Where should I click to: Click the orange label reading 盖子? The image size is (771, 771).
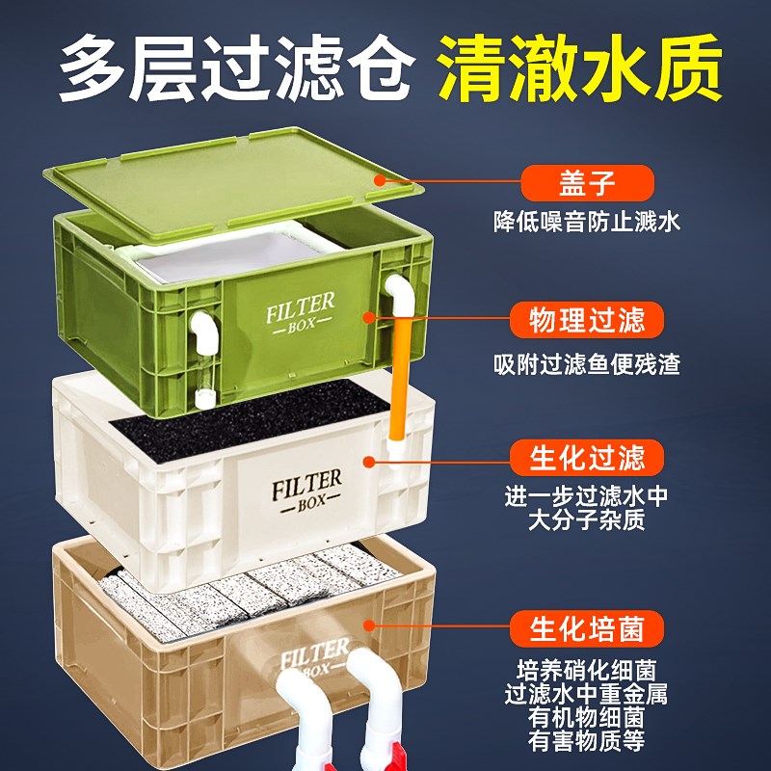587,181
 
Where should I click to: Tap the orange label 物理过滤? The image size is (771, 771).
587,321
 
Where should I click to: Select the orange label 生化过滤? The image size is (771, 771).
587,456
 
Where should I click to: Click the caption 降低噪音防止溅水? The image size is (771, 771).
587,222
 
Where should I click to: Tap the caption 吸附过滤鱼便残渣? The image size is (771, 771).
587,365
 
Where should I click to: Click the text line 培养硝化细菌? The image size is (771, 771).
587,670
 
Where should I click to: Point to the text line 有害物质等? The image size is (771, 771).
587,741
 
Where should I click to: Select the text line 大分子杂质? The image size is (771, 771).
587,520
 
